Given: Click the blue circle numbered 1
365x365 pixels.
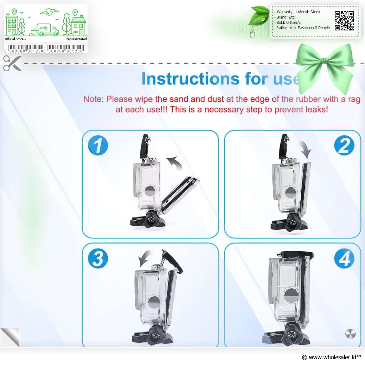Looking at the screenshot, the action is point(98,145).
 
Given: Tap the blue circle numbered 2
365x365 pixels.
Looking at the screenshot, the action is point(344,145).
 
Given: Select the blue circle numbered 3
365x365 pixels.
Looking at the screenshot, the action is point(98,259).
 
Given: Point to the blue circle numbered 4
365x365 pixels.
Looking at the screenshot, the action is point(344,259).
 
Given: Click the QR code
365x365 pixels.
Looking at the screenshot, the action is point(344,21).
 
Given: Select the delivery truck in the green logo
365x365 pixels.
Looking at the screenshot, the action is point(45,30).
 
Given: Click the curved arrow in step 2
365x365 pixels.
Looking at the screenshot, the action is point(306,149).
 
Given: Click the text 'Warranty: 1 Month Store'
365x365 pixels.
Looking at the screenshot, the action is point(298,12).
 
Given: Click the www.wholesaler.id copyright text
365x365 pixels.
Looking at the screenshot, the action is point(331,357).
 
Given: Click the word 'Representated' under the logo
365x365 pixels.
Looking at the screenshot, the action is point(76,39).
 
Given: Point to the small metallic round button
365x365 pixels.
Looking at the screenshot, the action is point(351,334).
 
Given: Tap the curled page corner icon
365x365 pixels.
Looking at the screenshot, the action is point(10,337).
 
